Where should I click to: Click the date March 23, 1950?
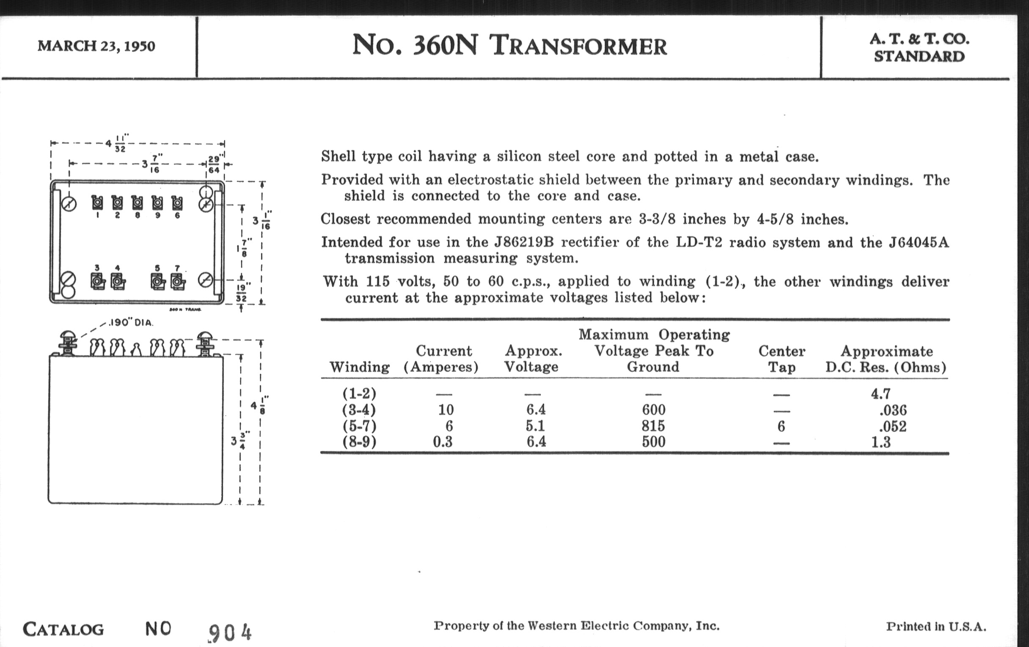96,46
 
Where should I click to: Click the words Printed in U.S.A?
936,627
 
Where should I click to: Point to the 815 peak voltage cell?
653,426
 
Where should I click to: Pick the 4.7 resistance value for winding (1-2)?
881,393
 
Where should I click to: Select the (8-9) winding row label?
359,441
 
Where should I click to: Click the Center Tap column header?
781,359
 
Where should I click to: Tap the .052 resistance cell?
893,426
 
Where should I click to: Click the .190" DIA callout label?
131,322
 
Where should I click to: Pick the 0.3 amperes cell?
442,441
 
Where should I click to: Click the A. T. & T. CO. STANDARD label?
919,48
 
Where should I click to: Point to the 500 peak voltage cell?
653,441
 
